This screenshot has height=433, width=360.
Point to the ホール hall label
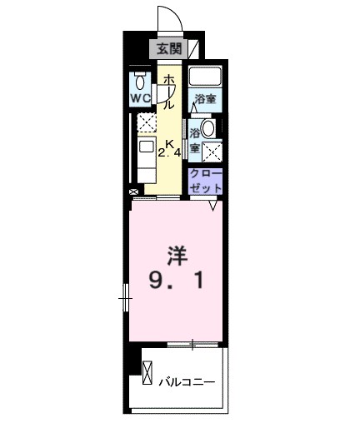[167, 91]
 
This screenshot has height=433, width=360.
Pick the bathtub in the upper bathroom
[204, 77]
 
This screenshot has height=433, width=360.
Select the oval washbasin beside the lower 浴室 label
[208, 128]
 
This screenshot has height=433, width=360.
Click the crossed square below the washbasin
[212, 152]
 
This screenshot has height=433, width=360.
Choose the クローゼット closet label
[205, 181]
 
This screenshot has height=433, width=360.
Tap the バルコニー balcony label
[187, 383]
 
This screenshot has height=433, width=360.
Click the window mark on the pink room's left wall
[126, 295]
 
